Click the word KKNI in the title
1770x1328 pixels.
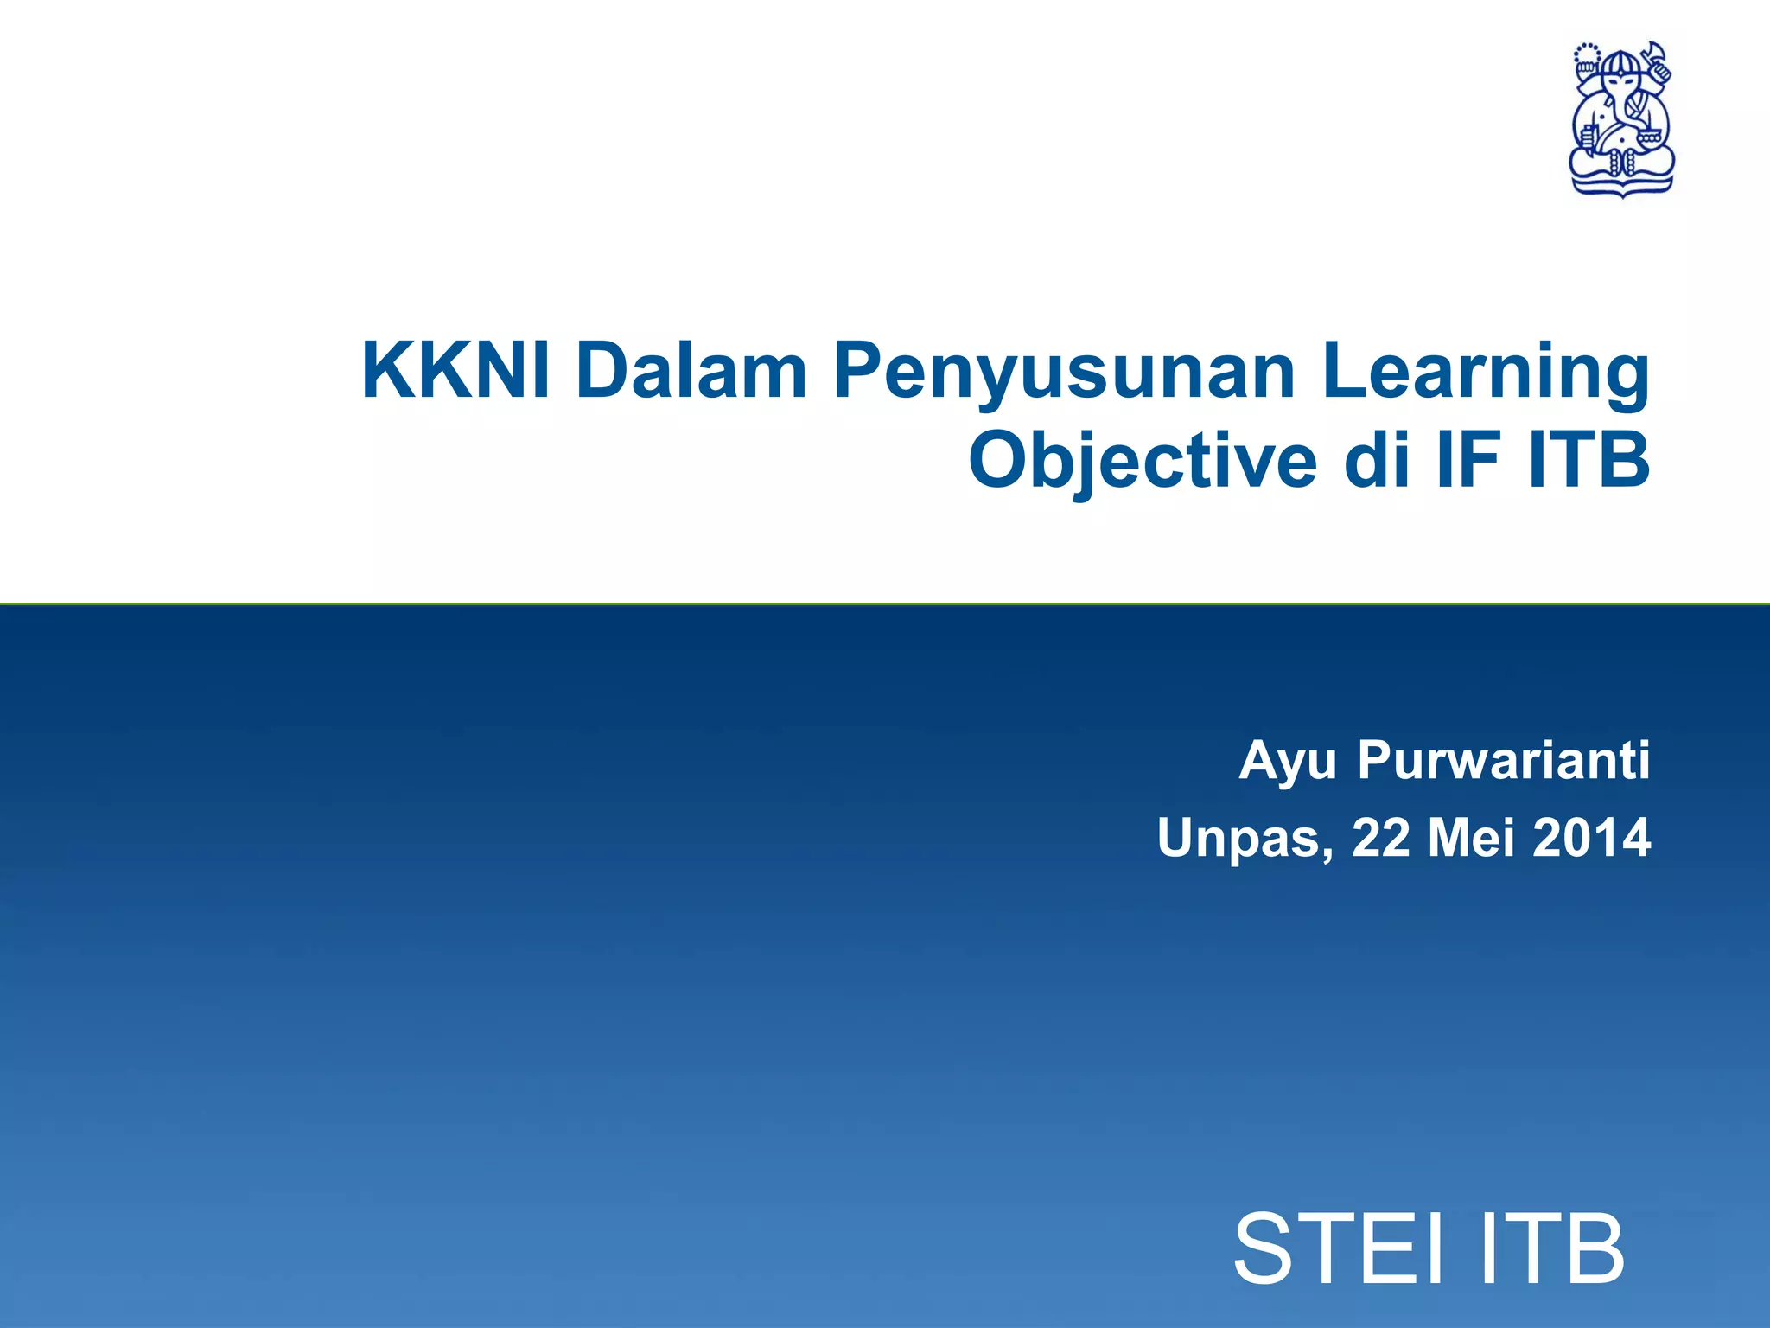pos(455,372)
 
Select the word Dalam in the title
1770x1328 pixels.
pos(691,372)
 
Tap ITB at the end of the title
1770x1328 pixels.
pos(1589,460)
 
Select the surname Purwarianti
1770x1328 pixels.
pos(1503,761)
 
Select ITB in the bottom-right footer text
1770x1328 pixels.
pos(1551,1249)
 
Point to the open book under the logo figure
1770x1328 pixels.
pos(1621,182)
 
